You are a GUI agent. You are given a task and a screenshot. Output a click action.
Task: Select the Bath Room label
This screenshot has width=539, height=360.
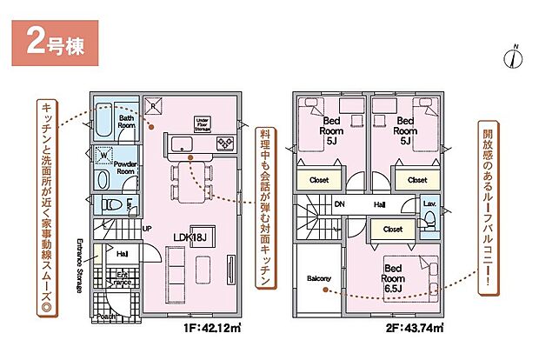pyautogui.click(x=127, y=121)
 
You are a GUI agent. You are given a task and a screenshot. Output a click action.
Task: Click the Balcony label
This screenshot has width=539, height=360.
pyautogui.click(x=319, y=278)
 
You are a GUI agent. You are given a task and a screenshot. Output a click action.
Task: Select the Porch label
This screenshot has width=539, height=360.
pyautogui.click(x=107, y=317)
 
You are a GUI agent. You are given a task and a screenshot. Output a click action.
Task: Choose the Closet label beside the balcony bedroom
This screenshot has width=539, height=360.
pyautogui.click(x=392, y=230)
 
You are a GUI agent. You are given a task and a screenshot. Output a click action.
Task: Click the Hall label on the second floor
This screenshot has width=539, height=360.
pyautogui.click(x=380, y=205)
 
